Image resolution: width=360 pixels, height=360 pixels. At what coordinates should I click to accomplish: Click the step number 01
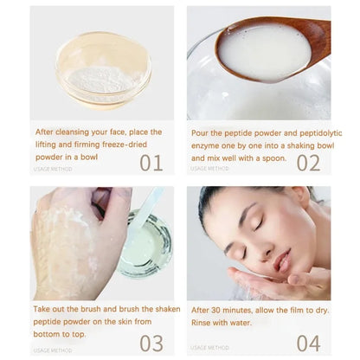[151, 162]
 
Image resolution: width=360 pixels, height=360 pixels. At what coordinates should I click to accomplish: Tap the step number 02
[308, 162]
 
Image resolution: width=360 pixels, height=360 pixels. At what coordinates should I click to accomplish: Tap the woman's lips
[282, 261]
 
